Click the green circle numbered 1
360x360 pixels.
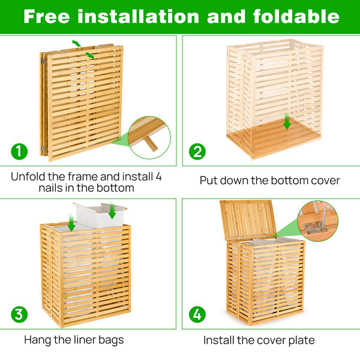point(19,151)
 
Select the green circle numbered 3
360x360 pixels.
point(19,314)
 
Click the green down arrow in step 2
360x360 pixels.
point(287,123)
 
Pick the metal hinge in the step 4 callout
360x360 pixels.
point(314,225)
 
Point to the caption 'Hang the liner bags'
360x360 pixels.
point(74,340)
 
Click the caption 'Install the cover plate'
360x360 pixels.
point(259,340)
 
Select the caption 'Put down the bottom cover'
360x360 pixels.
point(269,180)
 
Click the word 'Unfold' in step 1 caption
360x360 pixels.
point(28,177)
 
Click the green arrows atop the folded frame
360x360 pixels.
point(82,48)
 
